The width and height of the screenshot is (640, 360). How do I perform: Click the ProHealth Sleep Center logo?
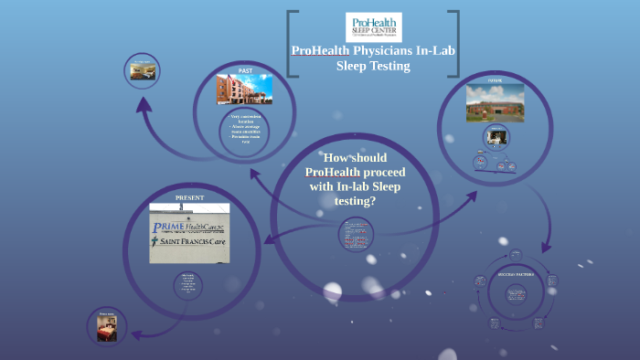372,26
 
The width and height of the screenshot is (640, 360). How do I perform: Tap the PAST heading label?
245,70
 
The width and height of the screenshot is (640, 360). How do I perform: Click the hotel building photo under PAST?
244,90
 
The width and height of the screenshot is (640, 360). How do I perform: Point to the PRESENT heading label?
189,198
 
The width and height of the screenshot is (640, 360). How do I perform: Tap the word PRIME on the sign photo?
169,227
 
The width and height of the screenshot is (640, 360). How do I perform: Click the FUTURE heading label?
495,80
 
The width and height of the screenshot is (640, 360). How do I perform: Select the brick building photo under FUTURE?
495,102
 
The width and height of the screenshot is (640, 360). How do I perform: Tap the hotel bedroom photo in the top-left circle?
142,71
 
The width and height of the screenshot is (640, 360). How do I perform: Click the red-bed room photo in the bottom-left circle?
108,326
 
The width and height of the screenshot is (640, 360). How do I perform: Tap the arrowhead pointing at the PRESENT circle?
270,240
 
